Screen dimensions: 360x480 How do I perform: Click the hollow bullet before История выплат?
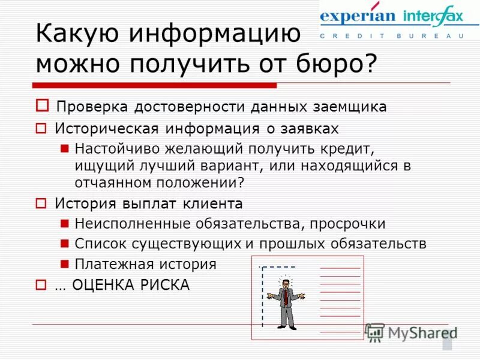coord(41,203)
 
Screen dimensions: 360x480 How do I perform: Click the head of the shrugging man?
coord(285,283)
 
